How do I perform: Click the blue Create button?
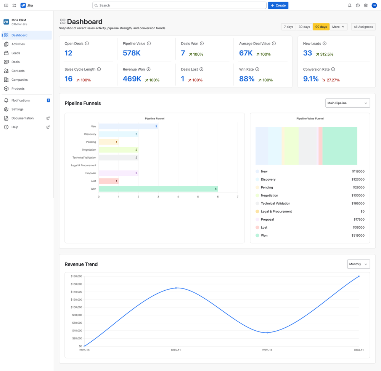[x=278, y=5]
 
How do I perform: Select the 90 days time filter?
[x=321, y=27]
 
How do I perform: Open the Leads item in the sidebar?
[x=16, y=53]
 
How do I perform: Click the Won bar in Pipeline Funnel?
[x=158, y=189]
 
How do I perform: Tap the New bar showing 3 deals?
[x=128, y=126]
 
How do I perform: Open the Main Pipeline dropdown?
[x=347, y=103]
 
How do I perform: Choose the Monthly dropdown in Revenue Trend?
[x=358, y=264]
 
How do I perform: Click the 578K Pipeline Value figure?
[x=132, y=53]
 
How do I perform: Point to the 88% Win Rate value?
[x=247, y=79]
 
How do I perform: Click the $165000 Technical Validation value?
[x=358, y=204]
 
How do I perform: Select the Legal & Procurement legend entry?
[x=276, y=212]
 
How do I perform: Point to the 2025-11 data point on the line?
[x=176, y=288]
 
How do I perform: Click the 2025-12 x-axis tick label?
[x=267, y=350]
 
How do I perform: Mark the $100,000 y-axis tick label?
[x=76, y=307]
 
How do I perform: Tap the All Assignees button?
[x=363, y=27]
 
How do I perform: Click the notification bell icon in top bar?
[x=350, y=5]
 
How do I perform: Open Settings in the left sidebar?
[x=17, y=109]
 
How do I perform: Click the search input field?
[x=179, y=5]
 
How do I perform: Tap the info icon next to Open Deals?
[x=87, y=44]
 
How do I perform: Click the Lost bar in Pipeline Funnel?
[x=109, y=181]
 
